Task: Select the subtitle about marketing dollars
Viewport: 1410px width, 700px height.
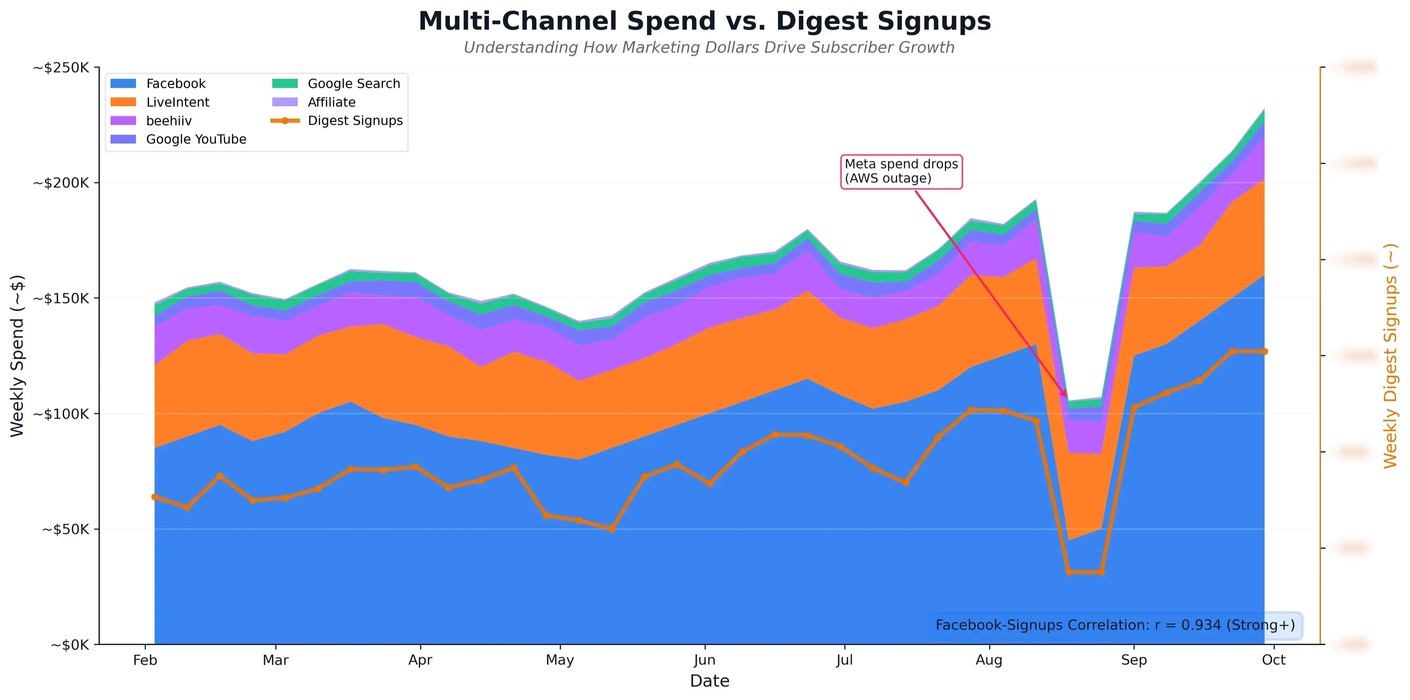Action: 709,47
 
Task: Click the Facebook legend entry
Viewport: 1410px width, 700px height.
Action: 175,84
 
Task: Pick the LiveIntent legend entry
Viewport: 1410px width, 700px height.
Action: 177,102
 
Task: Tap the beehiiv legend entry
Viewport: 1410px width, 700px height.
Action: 169,121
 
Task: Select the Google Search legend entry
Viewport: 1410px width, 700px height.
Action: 354,84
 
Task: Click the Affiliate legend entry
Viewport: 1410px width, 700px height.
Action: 331,102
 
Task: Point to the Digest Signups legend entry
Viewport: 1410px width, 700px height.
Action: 355,121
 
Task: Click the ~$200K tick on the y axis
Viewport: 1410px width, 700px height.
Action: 61,183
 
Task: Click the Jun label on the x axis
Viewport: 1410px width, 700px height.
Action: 704,660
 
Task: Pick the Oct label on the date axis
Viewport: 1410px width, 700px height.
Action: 1274,660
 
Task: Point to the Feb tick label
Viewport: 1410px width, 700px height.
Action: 145,660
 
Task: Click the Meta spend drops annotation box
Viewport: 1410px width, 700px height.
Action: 901,171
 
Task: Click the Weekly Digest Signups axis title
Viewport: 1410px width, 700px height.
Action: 1390,356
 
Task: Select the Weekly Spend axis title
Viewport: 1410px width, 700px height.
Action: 18,356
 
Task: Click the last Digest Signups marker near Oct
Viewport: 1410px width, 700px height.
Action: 1265,352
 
